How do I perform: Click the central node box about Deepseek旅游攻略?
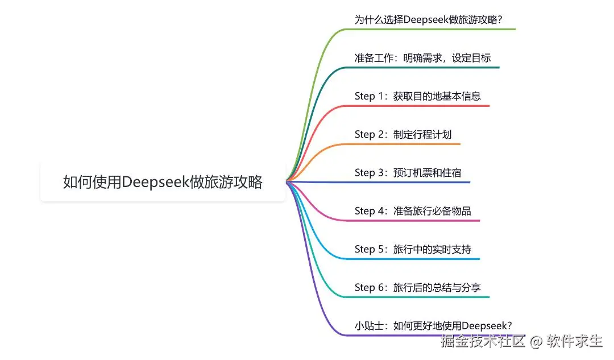point(163,181)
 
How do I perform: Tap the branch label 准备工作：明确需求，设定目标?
point(422,57)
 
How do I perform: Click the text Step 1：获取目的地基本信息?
point(417,96)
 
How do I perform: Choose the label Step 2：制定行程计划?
point(403,134)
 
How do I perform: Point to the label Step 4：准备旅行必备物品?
point(413,211)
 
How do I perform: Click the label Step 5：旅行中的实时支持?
point(413,249)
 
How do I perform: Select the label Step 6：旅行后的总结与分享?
point(417,287)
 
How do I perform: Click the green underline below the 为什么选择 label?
point(432,28)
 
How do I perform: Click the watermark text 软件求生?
point(574,342)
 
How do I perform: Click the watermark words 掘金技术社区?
point(483,342)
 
